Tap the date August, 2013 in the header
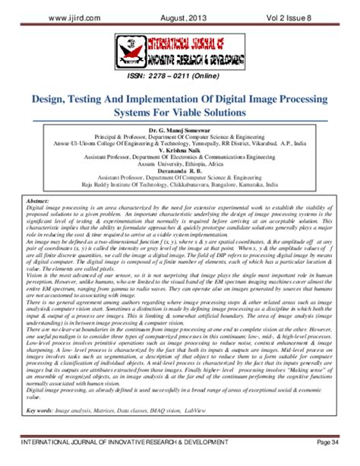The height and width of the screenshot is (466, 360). (184, 14)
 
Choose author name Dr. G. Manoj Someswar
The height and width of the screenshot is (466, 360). (179, 132)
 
